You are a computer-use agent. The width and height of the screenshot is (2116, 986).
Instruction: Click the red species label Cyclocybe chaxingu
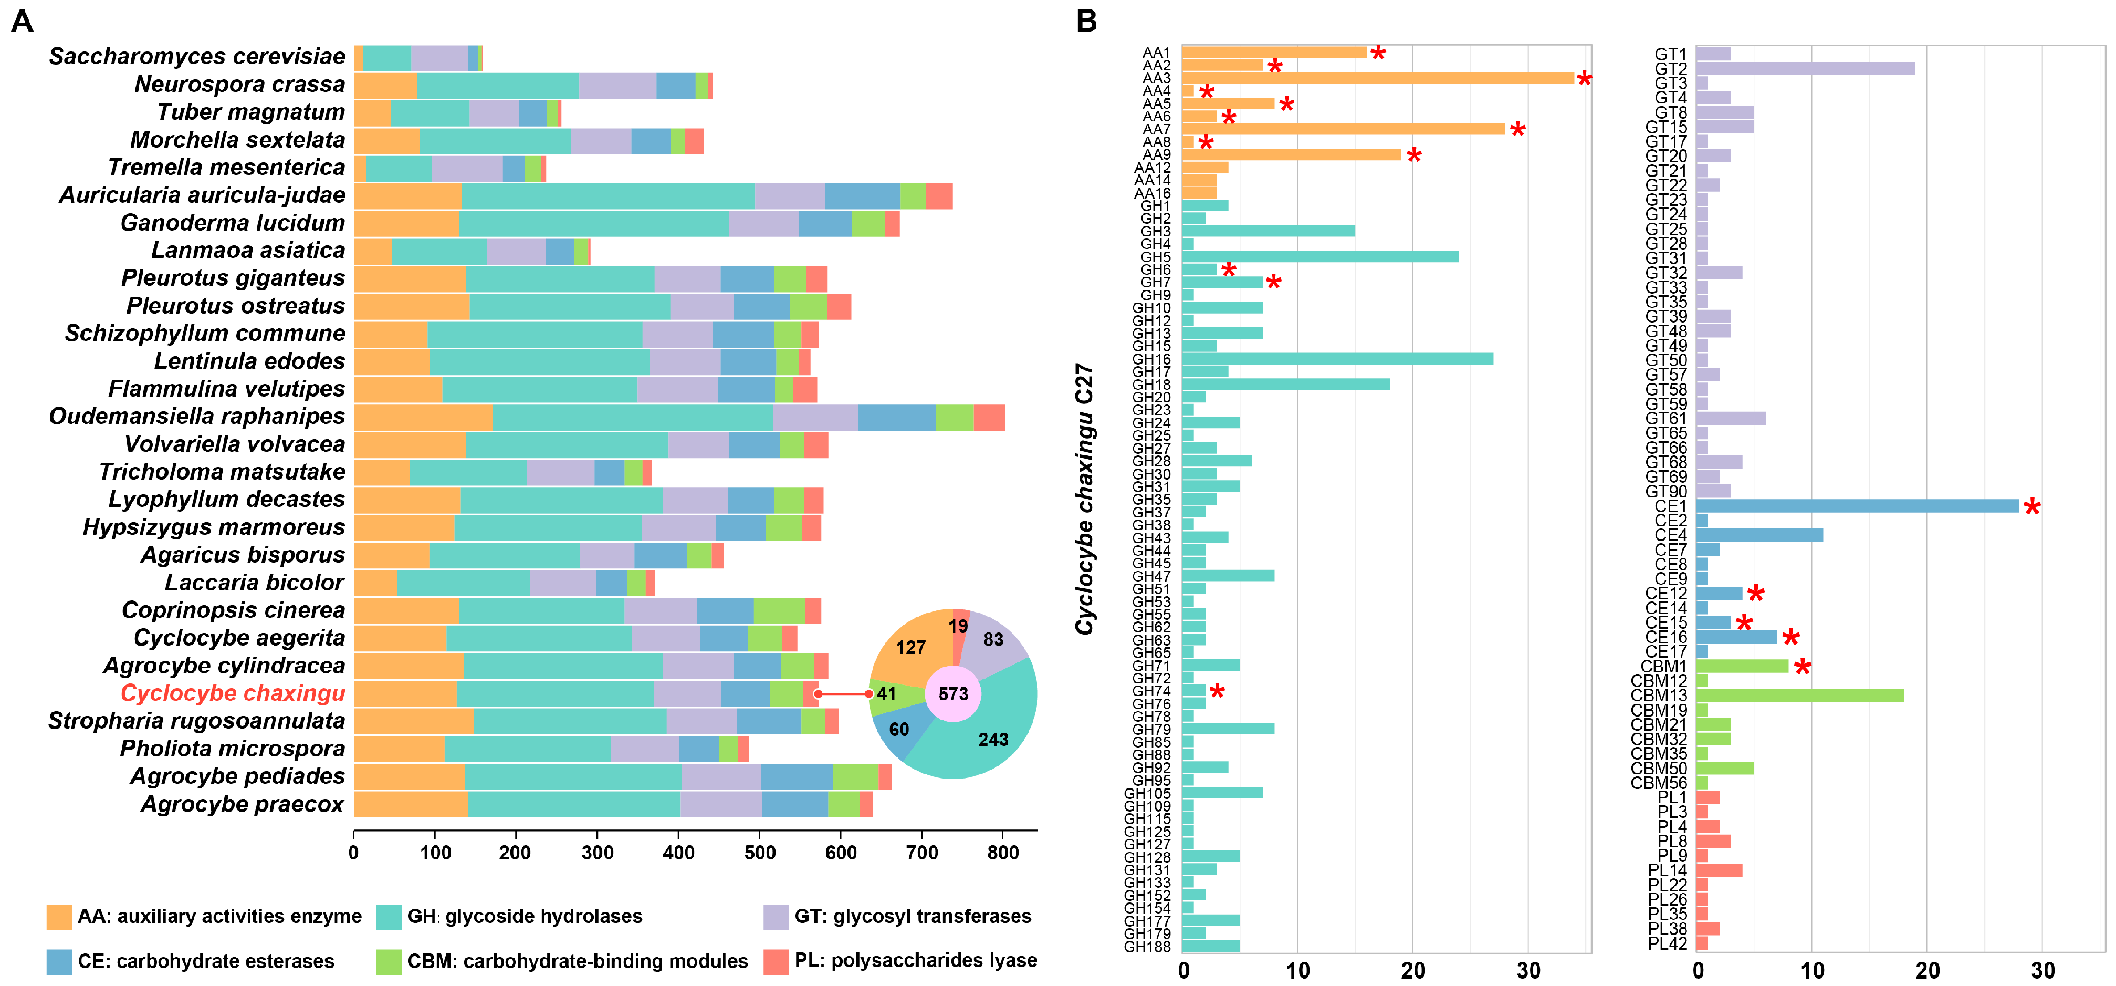click(x=233, y=693)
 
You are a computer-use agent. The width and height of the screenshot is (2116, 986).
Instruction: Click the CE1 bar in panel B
click(x=1857, y=506)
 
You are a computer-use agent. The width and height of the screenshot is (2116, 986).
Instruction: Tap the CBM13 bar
click(x=1799, y=695)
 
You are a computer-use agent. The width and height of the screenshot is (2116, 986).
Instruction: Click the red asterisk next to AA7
click(x=1517, y=130)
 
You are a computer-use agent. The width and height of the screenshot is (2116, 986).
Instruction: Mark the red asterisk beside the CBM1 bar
click(x=1802, y=667)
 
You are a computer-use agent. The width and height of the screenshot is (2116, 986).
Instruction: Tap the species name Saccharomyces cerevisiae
click(x=197, y=56)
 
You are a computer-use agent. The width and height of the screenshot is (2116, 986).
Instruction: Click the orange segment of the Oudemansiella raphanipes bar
click(x=423, y=417)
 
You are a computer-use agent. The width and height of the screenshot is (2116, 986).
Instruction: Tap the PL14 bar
click(x=1719, y=870)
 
